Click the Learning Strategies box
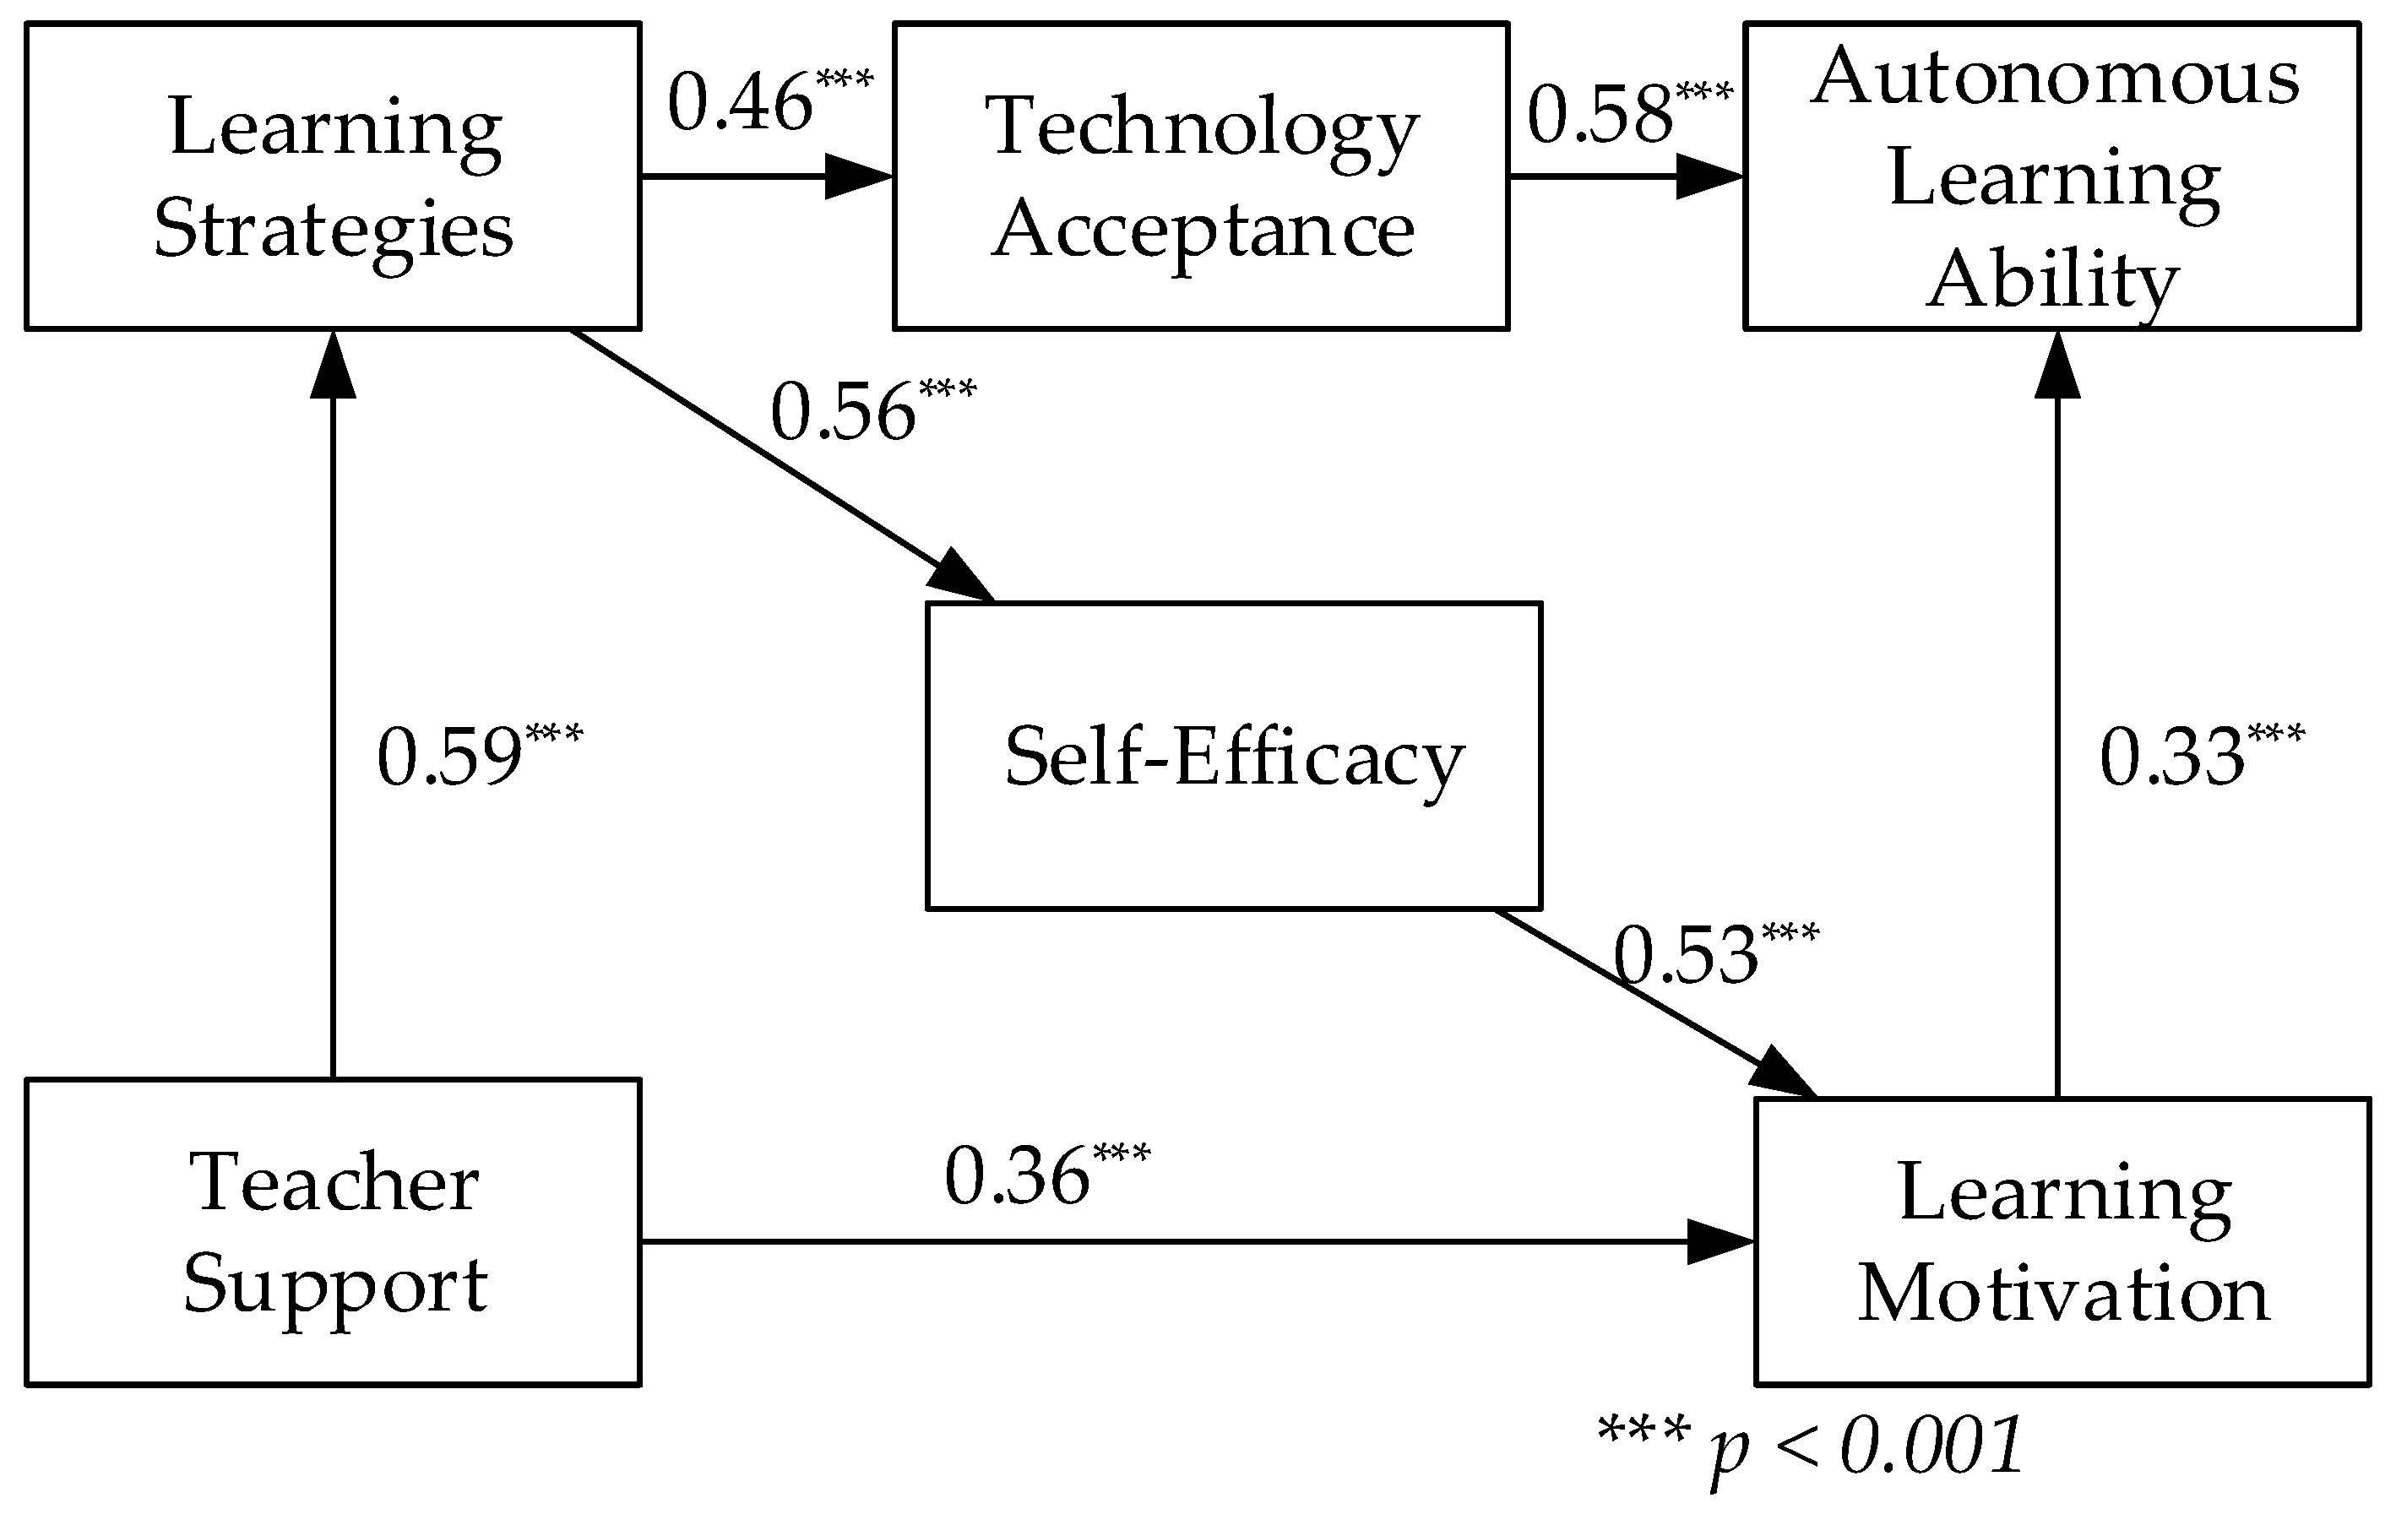coord(333,176)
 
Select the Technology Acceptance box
coord(1201,176)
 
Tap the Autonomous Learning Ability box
coord(2051,176)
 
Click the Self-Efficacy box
coord(1234,756)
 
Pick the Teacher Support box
coord(333,1231)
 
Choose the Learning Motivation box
coord(2062,1241)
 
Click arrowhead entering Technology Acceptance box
coord(861,177)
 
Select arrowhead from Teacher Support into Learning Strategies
coord(333,366)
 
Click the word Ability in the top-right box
coord(2051,279)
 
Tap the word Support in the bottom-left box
coord(334,1285)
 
